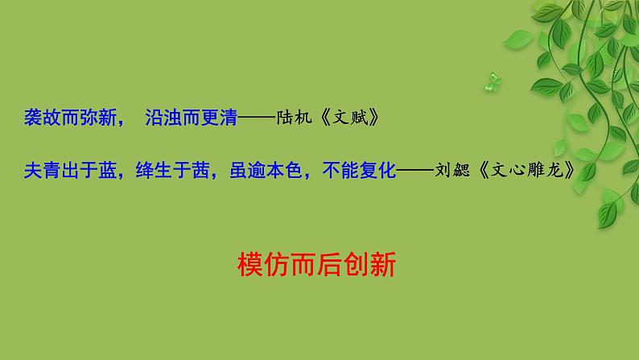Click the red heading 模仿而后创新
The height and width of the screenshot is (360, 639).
tap(317, 264)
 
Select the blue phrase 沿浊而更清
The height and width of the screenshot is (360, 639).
tap(192, 118)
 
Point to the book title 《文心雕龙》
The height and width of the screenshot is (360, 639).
tap(526, 171)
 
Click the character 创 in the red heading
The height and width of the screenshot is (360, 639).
tap(356, 264)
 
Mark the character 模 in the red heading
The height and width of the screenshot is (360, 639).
tap(251, 264)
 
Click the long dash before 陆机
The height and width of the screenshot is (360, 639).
tap(257, 119)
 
